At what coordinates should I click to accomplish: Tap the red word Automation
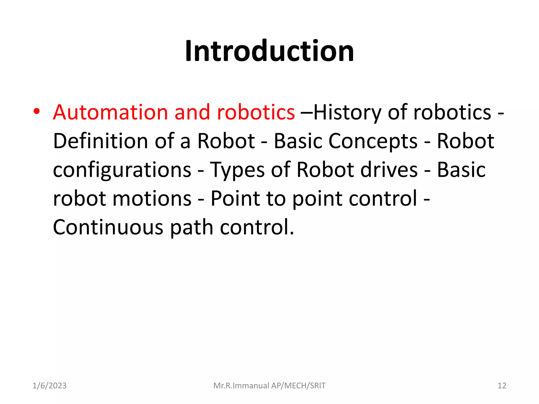point(110,112)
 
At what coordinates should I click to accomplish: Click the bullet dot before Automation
point(37,112)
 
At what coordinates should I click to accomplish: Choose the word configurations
point(122,170)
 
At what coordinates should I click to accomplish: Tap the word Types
point(237,170)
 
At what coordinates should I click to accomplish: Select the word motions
point(152,198)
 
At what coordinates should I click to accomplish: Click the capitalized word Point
point(235,198)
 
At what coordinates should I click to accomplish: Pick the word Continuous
point(108,227)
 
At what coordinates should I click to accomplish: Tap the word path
point(192,228)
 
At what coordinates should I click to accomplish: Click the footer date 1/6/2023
point(49,386)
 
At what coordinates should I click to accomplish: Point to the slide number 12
point(502,386)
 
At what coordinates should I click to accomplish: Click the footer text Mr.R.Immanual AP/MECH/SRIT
point(269,386)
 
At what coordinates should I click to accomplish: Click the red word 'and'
point(192,112)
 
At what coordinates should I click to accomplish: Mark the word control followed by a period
point(257,227)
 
